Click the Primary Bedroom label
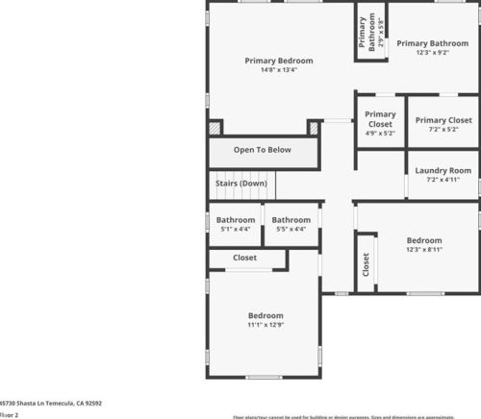pos(279,61)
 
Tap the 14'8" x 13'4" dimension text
pos(279,70)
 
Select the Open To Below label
pos(263,150)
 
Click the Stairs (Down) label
pos(240,183)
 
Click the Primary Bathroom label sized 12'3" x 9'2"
pos(432,42)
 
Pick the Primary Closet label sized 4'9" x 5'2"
pos(380,119)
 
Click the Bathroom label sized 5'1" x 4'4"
pos(236,220)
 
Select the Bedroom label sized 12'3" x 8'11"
pos(423,240)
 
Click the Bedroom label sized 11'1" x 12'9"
pos(266,315)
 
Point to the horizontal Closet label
pos(245,258)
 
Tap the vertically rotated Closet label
pos(366,265)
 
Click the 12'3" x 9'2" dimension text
pos(432,53)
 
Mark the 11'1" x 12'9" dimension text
pos(266,325)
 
